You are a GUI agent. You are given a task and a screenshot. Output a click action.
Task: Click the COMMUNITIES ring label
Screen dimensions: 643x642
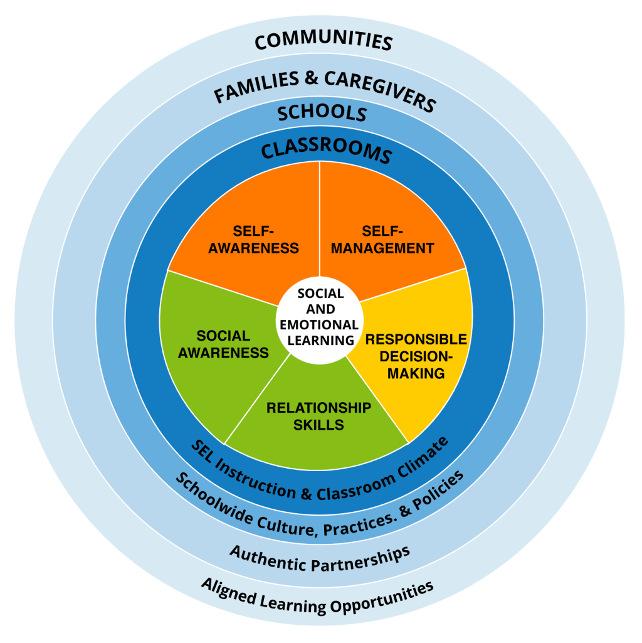click(324, 41)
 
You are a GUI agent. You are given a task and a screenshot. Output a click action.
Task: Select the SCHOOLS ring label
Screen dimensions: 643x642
click(322, 114)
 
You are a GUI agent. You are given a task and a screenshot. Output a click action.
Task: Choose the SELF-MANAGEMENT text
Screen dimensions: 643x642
click(382, 239)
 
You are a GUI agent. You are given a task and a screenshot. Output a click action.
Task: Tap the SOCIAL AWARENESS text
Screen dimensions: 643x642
click(223, 344)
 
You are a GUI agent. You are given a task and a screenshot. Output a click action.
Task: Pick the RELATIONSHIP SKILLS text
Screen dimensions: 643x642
click(318, 416)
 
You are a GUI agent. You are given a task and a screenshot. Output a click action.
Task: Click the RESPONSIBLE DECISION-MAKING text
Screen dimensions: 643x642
click(416, 356)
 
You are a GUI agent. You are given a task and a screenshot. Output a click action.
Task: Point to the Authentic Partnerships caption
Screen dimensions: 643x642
click(320, 560)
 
